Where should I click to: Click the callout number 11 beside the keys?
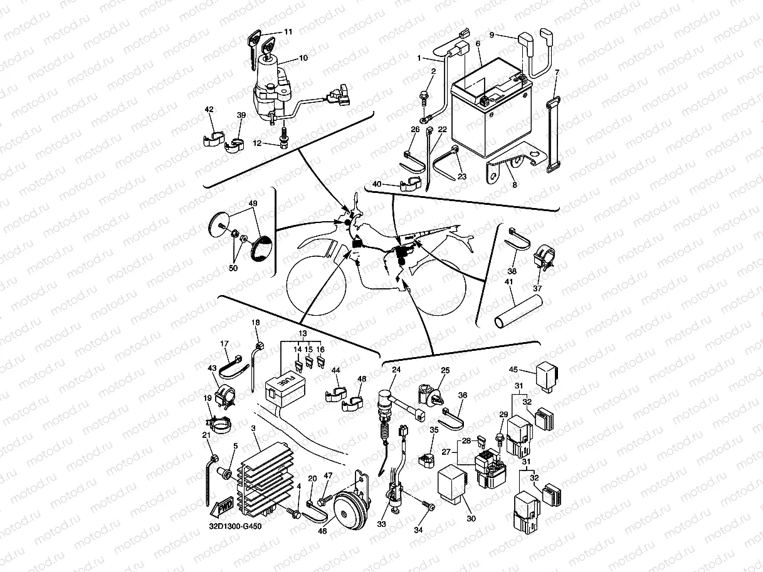click(288, 32)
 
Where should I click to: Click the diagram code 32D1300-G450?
click(235, 526)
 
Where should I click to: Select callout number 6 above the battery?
click(478, 44)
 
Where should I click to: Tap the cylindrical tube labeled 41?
click(518, 311)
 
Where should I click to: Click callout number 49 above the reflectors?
click(253, 203)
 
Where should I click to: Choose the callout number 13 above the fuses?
click(303, 333)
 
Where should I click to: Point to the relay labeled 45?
click(548, 377)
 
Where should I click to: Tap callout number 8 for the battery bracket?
click(515, 185)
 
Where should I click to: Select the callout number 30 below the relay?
click(471, 519)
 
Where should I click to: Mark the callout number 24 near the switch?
click(396, 370)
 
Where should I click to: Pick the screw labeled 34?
click(428, 506)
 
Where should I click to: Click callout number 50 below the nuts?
click(233, 268)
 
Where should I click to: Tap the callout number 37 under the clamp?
click(537, 288)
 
